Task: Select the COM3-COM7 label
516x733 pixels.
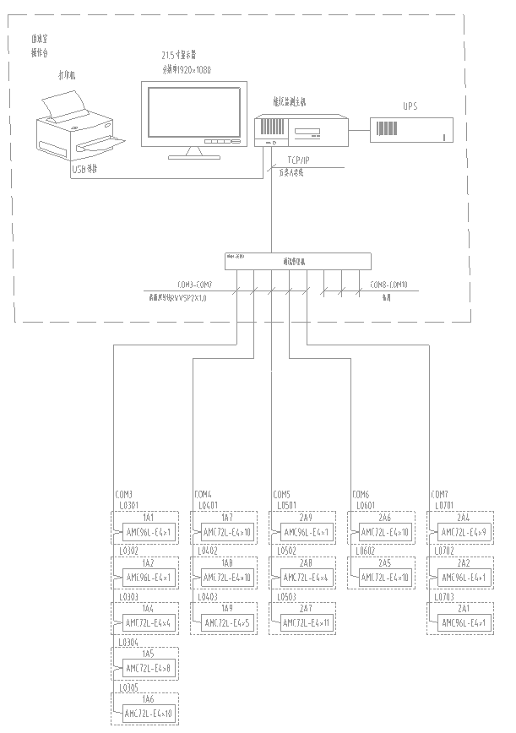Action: point(194,285)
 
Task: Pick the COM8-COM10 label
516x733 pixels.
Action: point(389,285)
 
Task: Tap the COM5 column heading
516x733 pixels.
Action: point(281,494)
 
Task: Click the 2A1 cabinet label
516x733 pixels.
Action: point(464,609)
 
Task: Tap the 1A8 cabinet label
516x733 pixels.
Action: point(227,563)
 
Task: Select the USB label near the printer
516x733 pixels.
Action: point(84,170)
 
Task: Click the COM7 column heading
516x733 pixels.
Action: point(440,494)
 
